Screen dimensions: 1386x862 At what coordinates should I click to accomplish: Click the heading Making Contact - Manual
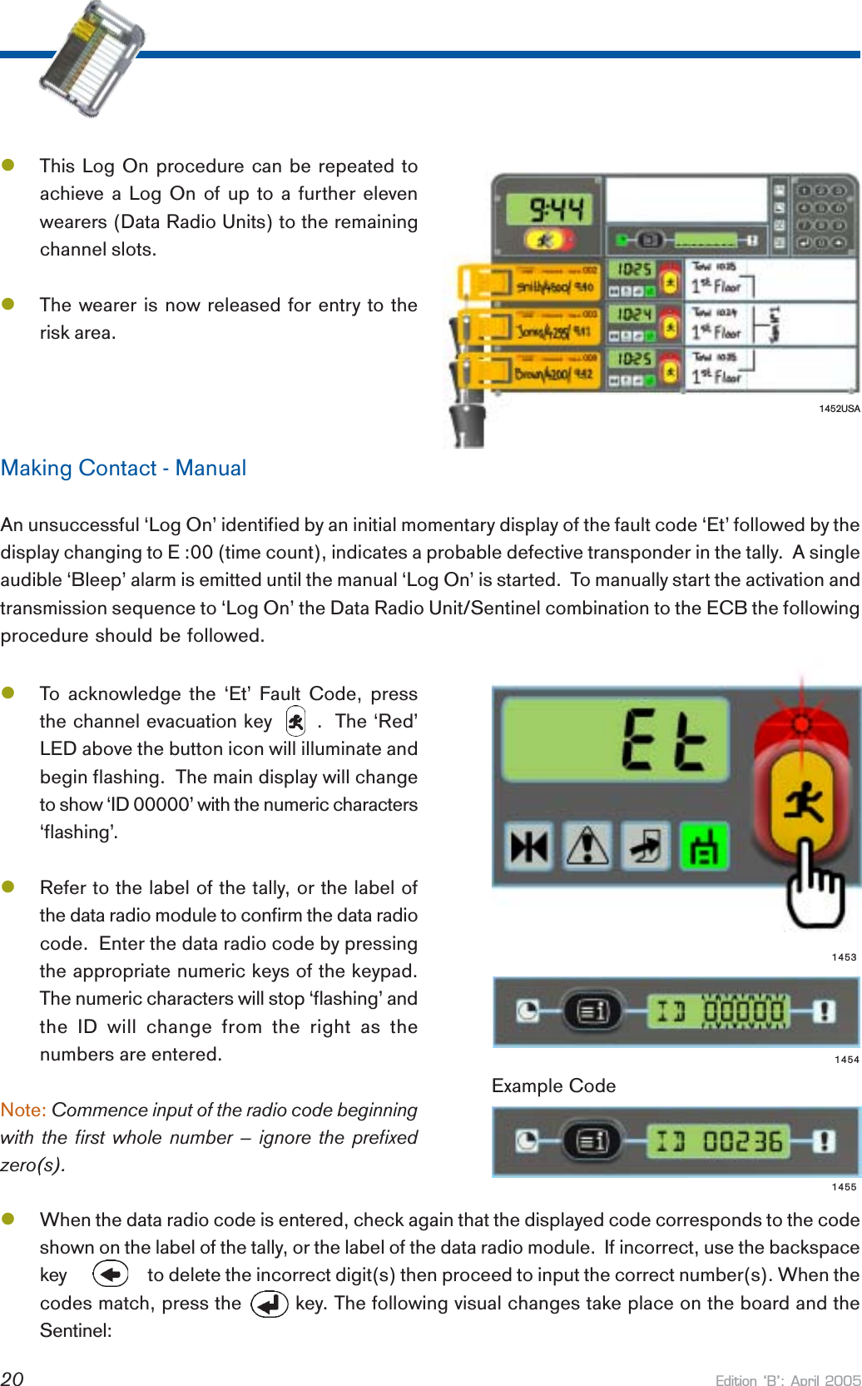[x=123, y=468]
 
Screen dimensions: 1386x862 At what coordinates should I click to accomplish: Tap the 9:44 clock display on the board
[x=557, y=209]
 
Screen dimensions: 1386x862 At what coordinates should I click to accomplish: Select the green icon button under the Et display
[x=704, y=846]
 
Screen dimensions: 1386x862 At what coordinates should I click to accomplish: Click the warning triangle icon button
[x=588, y=846]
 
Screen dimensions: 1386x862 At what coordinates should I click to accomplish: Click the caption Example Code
[x=553, y=1085]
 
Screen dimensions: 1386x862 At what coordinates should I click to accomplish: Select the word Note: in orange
[x=23, y=1110]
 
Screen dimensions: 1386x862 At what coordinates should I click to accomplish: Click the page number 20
[x=12, y=1379]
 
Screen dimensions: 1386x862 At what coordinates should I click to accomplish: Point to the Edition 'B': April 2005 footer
[x=788, y=1379]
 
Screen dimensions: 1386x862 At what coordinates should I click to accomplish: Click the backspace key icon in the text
[x=111, y=1274]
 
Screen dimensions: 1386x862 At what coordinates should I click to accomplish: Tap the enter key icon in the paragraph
[x=269, y=1304]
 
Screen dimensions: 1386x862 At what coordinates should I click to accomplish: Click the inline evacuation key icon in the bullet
[x=295, y=721]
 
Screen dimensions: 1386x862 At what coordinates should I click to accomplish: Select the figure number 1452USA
[x=839, y=409]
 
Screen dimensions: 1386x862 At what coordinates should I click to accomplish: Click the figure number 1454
[x=846, y=1060]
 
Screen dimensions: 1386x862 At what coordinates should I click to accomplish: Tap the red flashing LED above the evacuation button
[x=801, y=724]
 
